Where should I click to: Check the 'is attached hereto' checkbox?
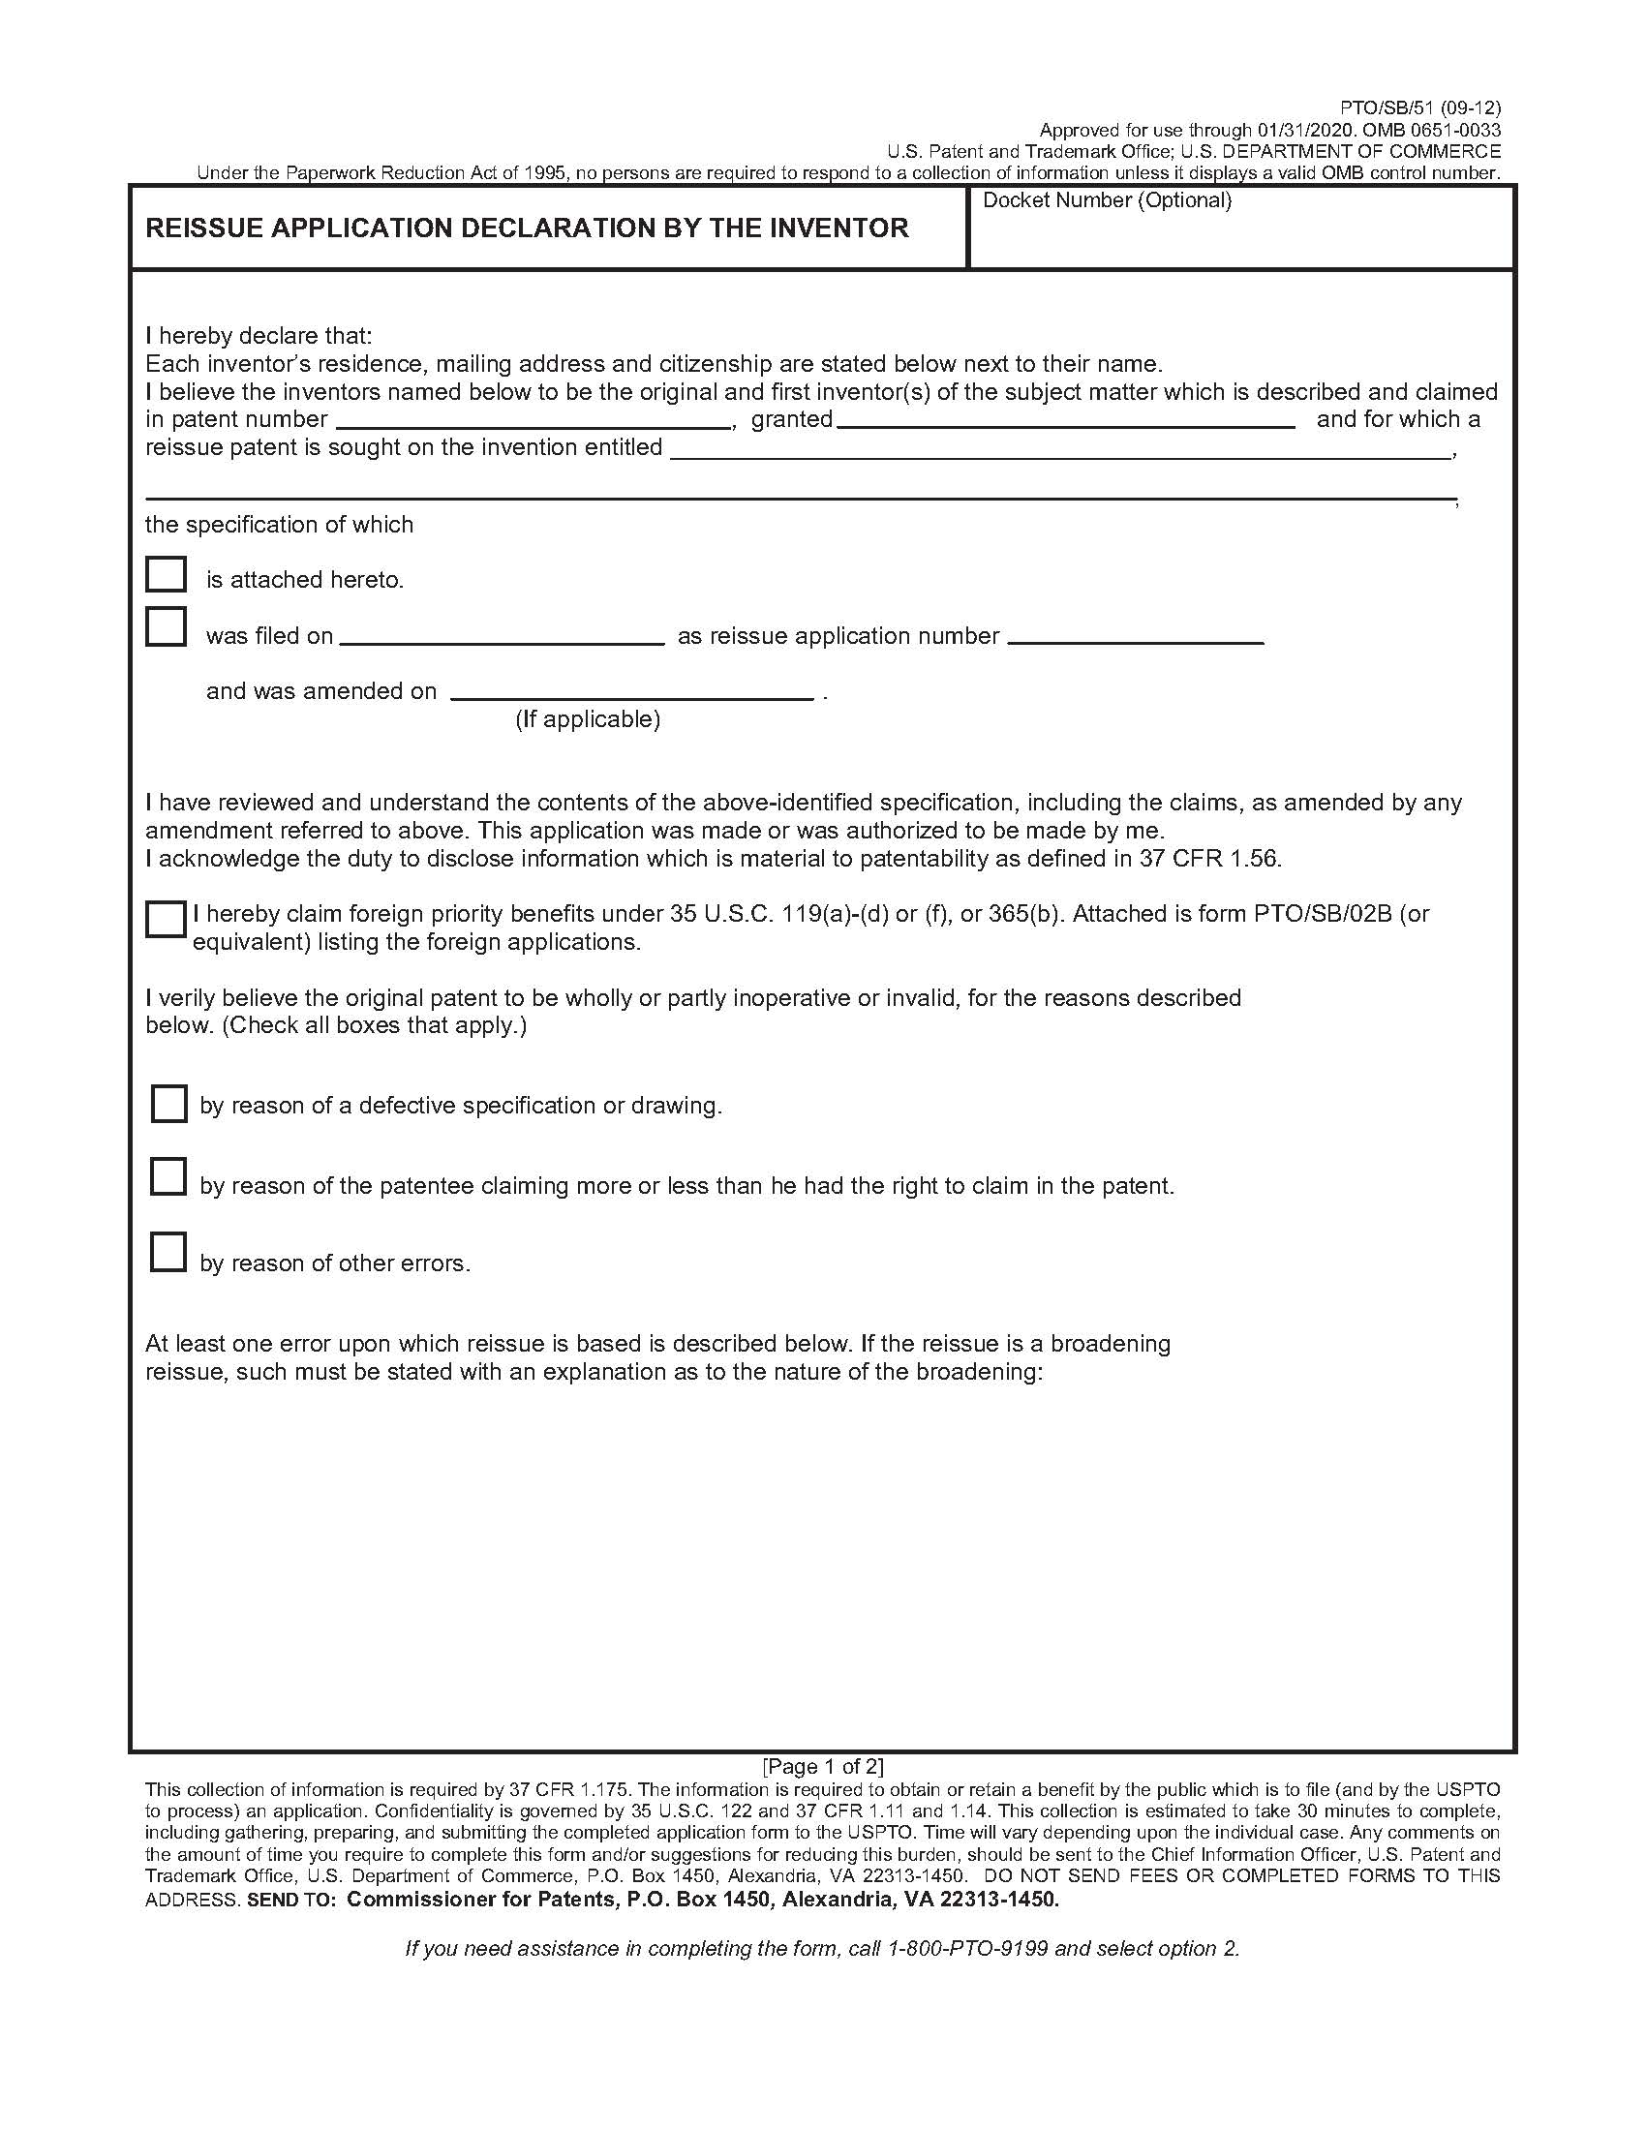(x=166, y=574)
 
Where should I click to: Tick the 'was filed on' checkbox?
(x=166, y=626)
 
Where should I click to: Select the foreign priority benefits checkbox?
(x=165, y=920)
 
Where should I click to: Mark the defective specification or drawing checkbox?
(x=168, y=1104)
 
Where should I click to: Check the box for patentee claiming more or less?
(x=168, y=1176)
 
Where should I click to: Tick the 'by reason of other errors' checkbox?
(x=168, y=1252)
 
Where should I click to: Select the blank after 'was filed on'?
(x=503, y=636)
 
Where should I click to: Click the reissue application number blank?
(x=1136, y=636)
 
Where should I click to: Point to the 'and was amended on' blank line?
(x=632, y=691)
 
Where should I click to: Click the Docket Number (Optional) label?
(x=1107, y=201)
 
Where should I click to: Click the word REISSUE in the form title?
(x=201, y=228)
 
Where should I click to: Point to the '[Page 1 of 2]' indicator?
(x=823, y=1765)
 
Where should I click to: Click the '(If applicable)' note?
(x=588, y=719)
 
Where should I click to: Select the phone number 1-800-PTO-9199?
(x=967, y=1949)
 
